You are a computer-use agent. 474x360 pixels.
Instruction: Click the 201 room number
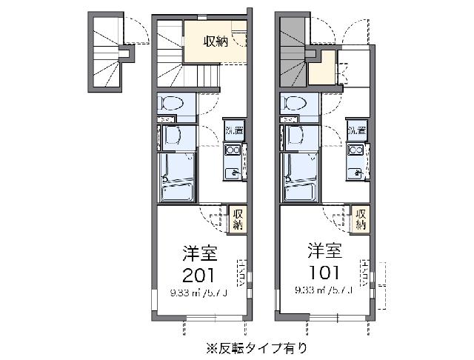[199, 276]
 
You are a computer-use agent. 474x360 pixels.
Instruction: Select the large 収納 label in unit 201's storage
[216, 41]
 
